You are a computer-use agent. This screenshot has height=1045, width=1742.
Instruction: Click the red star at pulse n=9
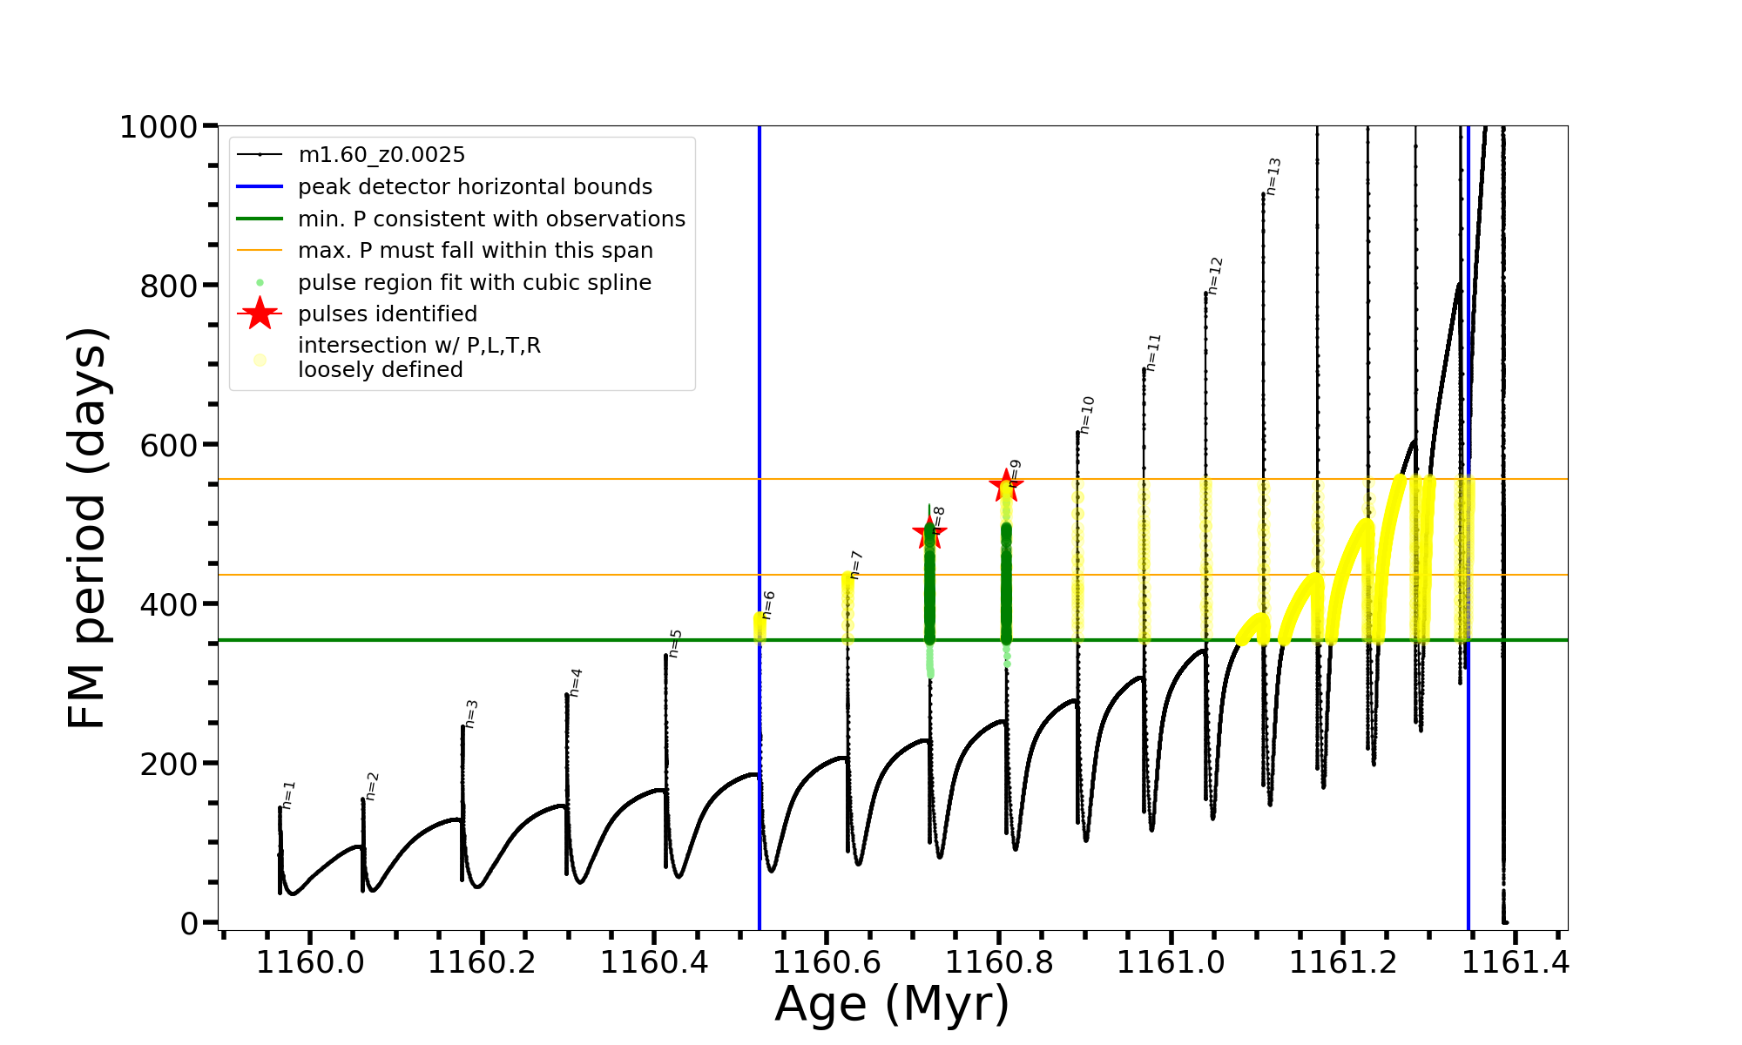tap(1006, 485)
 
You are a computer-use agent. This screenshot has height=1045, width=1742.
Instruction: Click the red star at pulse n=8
tap(929, 533)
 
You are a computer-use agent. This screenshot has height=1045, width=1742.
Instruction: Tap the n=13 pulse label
tap(1273, 176)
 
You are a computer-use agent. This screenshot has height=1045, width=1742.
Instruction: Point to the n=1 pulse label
tap(289, 794)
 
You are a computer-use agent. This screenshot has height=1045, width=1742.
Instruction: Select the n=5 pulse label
tap(675, 644)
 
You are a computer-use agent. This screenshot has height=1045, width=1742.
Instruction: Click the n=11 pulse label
tap(1153, 353)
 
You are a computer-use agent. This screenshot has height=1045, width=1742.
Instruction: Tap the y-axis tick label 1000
tap(159, 127)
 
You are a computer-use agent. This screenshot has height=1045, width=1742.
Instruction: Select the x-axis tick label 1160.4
tap(653, 963)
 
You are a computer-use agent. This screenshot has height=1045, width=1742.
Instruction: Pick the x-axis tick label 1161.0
tap(1171, 963)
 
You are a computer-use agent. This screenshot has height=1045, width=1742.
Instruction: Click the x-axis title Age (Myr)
tap(892, 1004)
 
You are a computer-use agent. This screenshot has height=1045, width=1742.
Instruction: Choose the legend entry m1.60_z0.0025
tap(381, 155)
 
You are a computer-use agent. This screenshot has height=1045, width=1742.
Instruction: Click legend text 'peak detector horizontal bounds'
tap(475, 187)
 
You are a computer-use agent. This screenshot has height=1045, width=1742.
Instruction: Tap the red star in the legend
tap(260, 313)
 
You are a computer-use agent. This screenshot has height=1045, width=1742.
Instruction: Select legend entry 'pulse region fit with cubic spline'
tap(474, 283)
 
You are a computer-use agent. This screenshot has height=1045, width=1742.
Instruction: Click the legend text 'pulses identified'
tap(388, 314)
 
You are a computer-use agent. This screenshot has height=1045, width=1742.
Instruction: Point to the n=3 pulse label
tap(471, 713)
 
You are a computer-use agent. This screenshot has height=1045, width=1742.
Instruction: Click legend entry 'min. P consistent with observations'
tap(491, 219)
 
